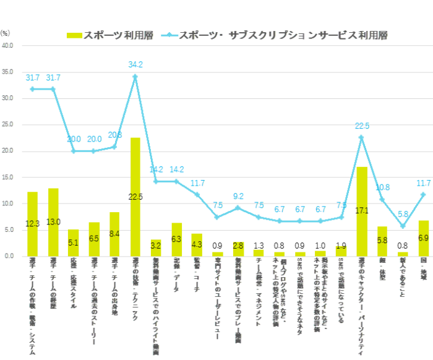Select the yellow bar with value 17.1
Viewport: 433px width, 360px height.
362,211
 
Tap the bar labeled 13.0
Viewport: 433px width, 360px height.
54,222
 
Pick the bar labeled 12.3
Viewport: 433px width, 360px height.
33,224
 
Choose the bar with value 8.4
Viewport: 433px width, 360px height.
114,234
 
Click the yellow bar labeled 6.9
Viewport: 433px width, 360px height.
424,238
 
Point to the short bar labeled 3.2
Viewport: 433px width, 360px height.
156,247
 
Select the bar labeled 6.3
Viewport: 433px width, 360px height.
177,239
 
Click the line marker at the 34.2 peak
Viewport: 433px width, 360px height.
135,76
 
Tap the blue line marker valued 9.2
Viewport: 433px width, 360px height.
238,208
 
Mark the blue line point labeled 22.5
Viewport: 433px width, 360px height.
362,137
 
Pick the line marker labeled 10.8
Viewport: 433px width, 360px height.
382,199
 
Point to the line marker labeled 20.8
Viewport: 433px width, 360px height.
114,147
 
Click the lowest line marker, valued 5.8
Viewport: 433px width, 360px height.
403,226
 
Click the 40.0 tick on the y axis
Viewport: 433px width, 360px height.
8,46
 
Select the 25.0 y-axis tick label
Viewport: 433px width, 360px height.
8,125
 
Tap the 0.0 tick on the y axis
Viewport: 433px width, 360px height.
9,256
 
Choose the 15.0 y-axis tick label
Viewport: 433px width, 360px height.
8,178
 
